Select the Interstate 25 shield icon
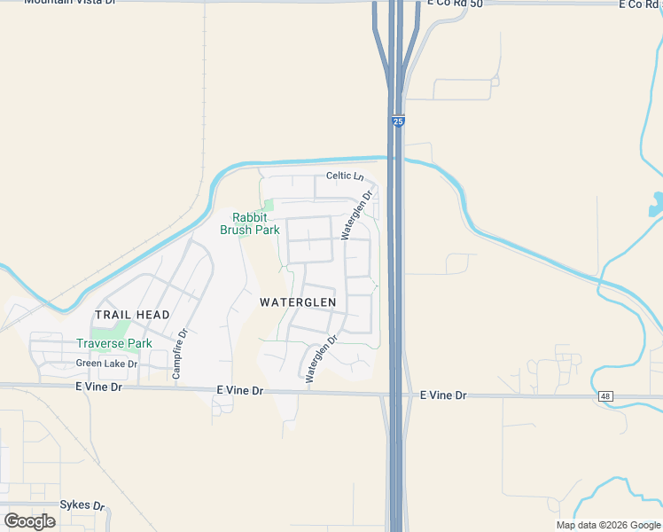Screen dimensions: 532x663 [398, 121]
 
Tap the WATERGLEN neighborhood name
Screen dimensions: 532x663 [298, 302]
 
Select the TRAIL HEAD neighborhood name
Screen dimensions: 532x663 [132, 315]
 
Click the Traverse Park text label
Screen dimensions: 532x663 [113, 343]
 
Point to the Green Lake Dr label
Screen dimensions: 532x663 [106, 364]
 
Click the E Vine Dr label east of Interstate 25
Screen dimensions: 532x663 [443, 395]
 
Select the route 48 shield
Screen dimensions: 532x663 [605, 396]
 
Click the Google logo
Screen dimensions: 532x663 [29, 521]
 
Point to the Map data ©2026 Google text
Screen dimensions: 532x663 [607, 525]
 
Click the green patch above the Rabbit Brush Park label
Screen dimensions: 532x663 [268, 206]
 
